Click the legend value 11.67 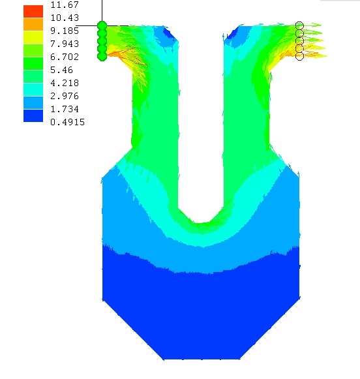[x=65, y=5]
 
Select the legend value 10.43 [x=65, y=18]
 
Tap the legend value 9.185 [x=65, y=31]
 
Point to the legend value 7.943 [x=65, y=44]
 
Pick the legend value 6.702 [x=65, y=57]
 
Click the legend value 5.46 [x=61, y=70]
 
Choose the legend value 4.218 [x=65, y=83]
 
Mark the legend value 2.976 [x=65, y=96]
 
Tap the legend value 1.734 [x=65, y=109]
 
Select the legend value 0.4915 [x=67, y=122]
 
